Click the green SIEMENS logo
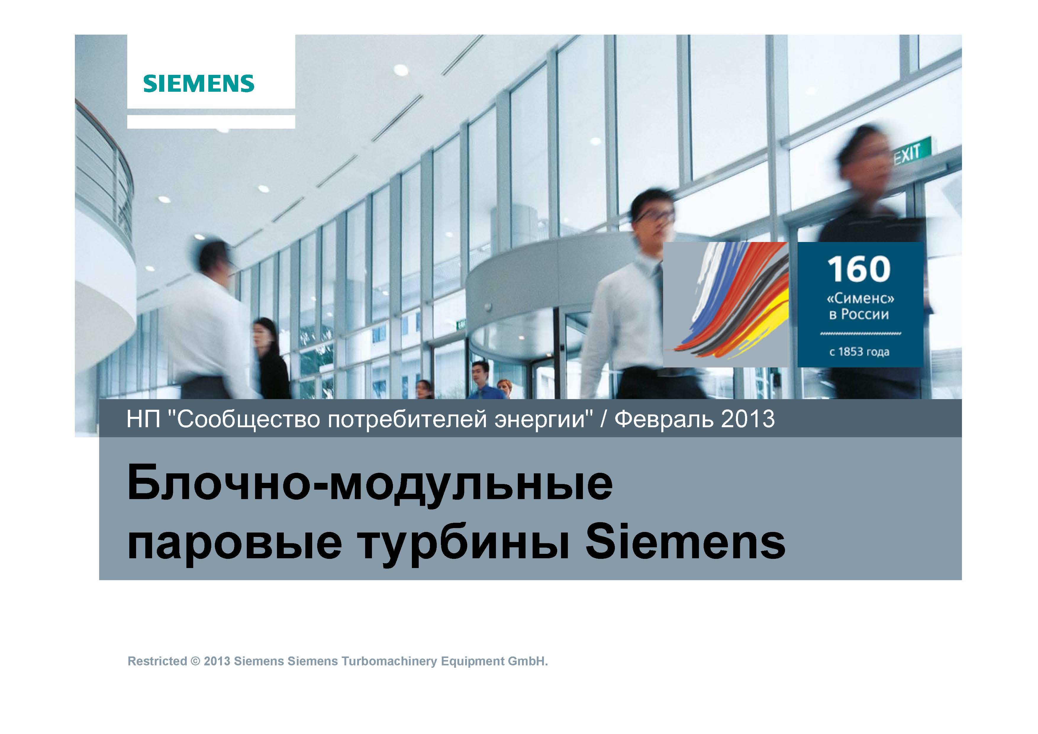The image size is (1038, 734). point(199,84)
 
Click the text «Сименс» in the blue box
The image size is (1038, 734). point(860,298)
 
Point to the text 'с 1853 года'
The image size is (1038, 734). point(859,352)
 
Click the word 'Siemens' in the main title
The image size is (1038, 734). point(685,541)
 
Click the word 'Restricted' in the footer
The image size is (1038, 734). point(157,661)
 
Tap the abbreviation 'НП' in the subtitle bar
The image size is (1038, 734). point(143,419)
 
